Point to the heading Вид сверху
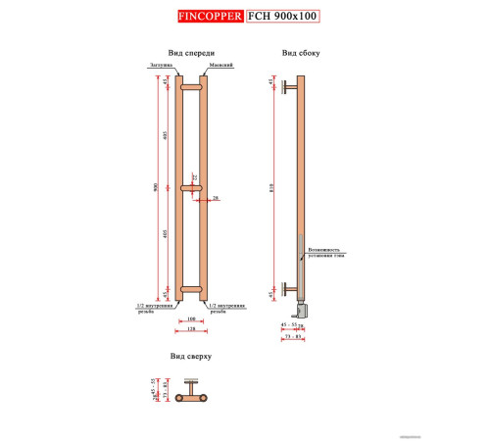coord(191,359)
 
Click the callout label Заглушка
coord(162,68)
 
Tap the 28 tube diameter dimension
coord(216,197)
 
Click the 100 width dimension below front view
coord(191,318)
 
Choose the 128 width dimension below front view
coord(191,329)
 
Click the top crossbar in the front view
coord(191,86)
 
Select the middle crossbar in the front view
coord(191,187)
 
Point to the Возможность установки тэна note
coord(327,253)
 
